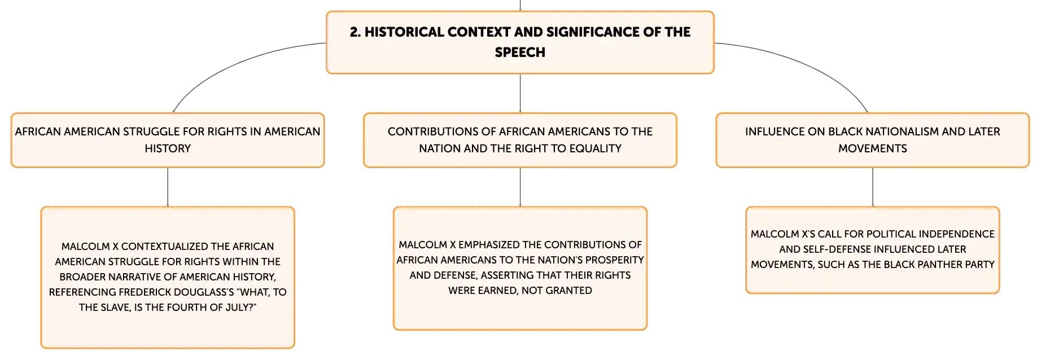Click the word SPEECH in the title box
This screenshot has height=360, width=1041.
(x=520, y=52)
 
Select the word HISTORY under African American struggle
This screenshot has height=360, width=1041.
(x=168, y=148)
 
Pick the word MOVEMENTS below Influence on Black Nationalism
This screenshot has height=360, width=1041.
(x=873, y=148)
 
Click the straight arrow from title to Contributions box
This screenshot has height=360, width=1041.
(x=520, y=93)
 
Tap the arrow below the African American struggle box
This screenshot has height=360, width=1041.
(x=168, y=187)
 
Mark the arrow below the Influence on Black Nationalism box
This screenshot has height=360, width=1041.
(x=873, y=187)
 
